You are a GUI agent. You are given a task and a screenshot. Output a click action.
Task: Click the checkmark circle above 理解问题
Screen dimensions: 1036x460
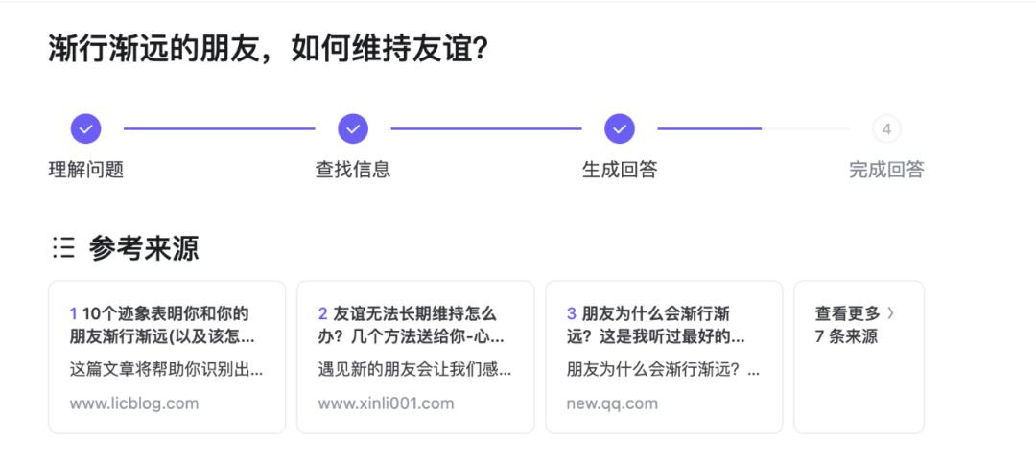click(x=86, y=128)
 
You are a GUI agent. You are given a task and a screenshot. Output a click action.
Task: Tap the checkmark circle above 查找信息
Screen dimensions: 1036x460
click(x=353, y=128)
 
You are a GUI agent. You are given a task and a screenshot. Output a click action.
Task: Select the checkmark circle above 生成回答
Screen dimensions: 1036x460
click(x=620, y=128)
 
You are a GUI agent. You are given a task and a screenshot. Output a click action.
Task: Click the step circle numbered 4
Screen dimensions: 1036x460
click(x=886, y=128)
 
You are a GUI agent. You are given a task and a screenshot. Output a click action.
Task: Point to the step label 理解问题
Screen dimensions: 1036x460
click(x=86, y=170)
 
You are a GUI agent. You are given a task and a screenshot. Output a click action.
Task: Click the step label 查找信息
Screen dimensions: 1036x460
click(x=353, y=170)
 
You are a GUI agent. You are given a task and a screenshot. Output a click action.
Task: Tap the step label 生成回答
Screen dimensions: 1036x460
click(x=620, y=170)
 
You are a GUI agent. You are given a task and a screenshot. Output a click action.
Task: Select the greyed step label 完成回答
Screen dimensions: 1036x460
click(x=886, y=170)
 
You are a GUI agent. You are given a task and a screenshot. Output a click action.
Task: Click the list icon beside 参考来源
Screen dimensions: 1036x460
click(x=63, y=248)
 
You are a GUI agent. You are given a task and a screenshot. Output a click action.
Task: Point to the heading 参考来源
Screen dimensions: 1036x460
click(x=144, y=248)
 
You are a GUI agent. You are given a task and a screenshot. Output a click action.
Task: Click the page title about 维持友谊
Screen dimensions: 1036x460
click(x=269, y=50)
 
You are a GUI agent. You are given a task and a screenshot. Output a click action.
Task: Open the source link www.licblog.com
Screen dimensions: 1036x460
click(x=134, y=403)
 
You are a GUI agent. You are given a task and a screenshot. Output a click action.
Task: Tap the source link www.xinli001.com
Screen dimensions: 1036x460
click(x=386, y=403)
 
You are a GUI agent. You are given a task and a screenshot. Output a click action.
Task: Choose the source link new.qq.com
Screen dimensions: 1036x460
click(x=612, y=403)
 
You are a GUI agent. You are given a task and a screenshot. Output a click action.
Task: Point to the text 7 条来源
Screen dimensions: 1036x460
click(x=846, y=336)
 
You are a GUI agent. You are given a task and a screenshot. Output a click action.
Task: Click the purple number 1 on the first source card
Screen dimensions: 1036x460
click(x=74, y=313)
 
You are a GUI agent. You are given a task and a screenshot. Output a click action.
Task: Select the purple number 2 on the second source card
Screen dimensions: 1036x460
click(x=323, y=313)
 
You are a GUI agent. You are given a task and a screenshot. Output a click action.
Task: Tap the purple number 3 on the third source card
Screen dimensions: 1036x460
click(x=572, y=313)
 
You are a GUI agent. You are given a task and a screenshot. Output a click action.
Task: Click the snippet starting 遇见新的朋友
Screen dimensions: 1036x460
click(x=415, y=369)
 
